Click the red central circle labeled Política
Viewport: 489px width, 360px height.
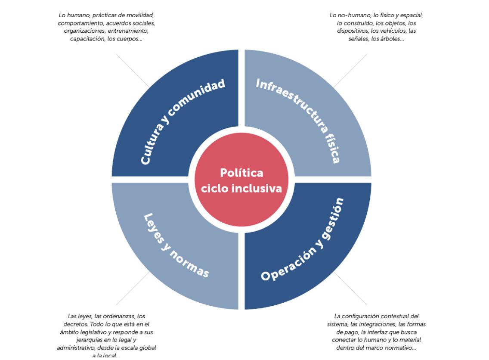[241, 180]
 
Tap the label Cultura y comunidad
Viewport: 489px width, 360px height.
[183, 121]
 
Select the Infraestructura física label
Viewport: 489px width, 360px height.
[298, 121]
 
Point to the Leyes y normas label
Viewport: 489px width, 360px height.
[176, 245]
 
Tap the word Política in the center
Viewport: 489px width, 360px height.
[241, 173]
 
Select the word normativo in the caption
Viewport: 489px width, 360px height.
[401, 348]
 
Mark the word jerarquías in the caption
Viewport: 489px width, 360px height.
[89, 340]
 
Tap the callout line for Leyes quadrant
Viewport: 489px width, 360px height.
[133, 288]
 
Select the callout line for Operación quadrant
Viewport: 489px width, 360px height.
[350, 288]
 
